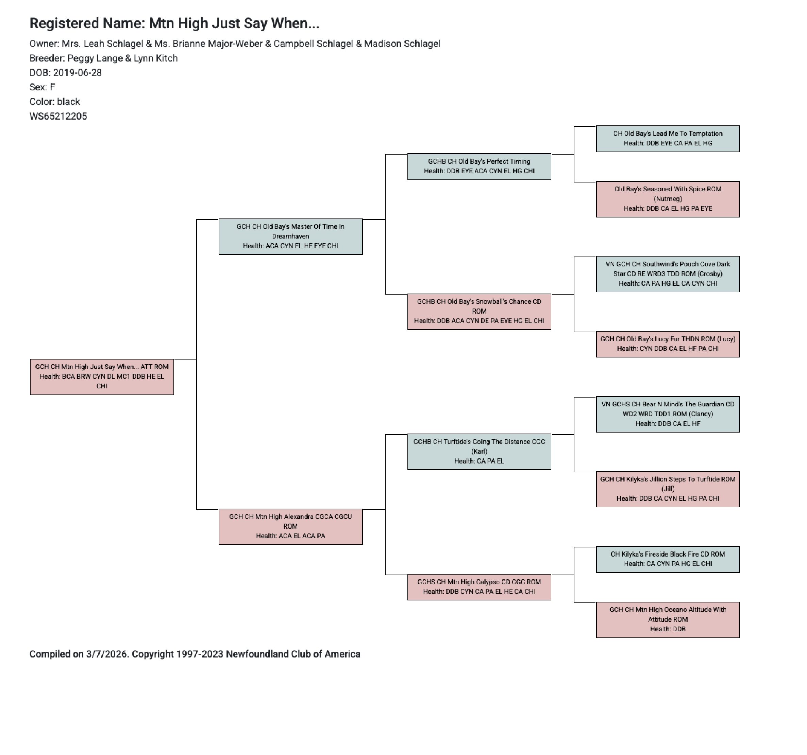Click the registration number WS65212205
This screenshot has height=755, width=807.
(58, 117)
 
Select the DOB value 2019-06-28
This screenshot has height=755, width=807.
(77, 73)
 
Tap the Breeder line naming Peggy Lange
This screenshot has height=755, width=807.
(103, 58)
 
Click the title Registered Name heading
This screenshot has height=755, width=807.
(174, 23)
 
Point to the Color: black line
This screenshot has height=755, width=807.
(55, 102)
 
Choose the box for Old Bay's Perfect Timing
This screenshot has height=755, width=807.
(479, 166)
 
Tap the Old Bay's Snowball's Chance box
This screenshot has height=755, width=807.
(479, 312)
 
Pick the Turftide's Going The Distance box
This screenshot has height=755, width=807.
(479, 452)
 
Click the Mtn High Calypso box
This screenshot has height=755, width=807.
(479, 587)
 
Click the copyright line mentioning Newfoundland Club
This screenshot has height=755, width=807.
(195, 654)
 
